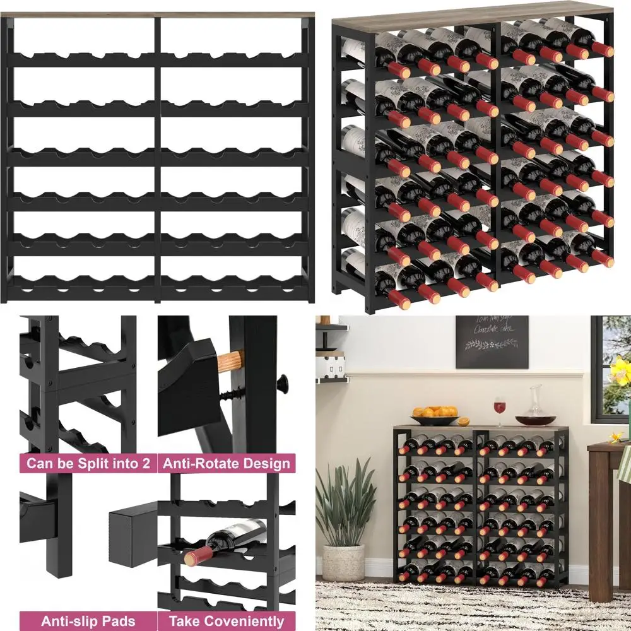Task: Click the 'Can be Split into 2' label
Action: [88, 464]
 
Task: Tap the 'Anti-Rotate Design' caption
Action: [227, 464]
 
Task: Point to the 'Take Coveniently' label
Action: [227, 621]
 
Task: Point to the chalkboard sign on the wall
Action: [492, 341]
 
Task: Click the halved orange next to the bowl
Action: [463, 421]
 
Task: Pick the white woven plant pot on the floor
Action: [343, 562]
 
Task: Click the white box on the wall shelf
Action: [332, 366]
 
